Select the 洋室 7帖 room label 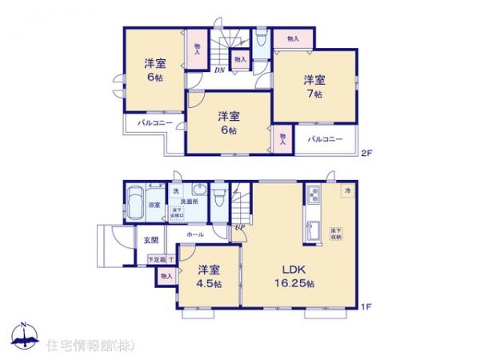click(x=314, y=86)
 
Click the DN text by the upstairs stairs click(x=219, y=70)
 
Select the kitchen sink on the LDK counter click(x=314, y=229)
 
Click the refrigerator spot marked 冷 click(x=347, y=191)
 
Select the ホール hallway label click(x=194, y=235)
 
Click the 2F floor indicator click(x=365, y=153)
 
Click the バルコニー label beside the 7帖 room click(x=326, y=139)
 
